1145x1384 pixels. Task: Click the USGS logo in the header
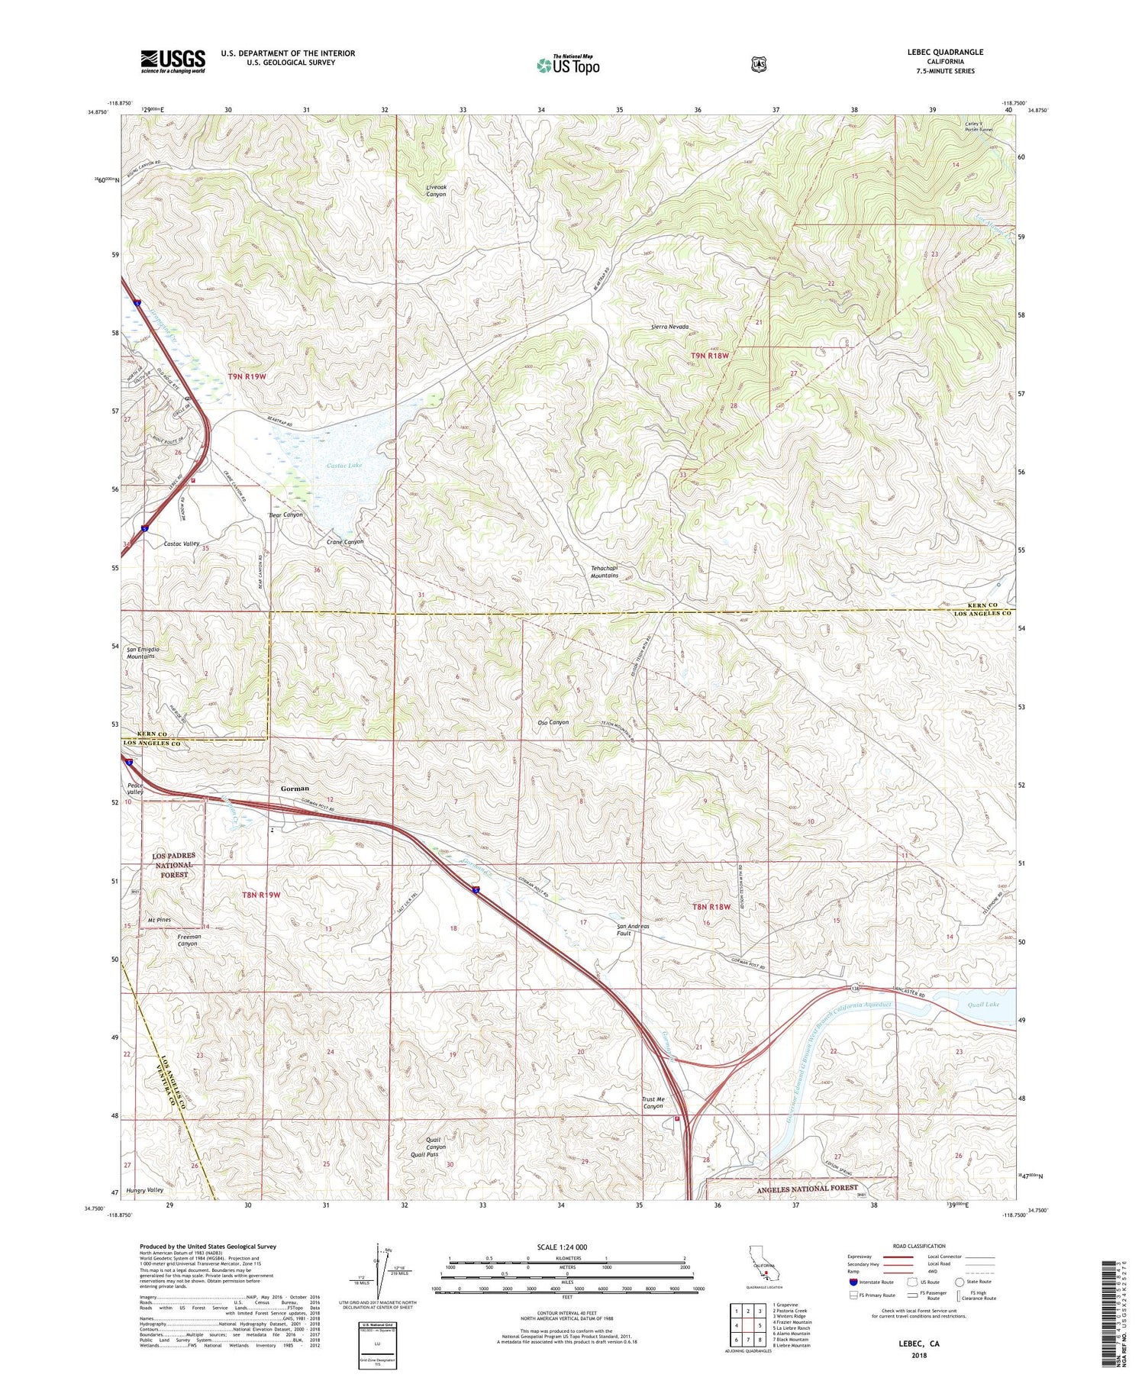pos(173,61)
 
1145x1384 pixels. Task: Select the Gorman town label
pos(295,788)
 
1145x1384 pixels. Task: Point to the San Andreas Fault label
pos(633,930)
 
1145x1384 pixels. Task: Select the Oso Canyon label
pos(553,722)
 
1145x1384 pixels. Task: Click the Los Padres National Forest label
pos(174,865)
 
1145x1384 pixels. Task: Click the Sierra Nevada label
pos(669,327)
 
